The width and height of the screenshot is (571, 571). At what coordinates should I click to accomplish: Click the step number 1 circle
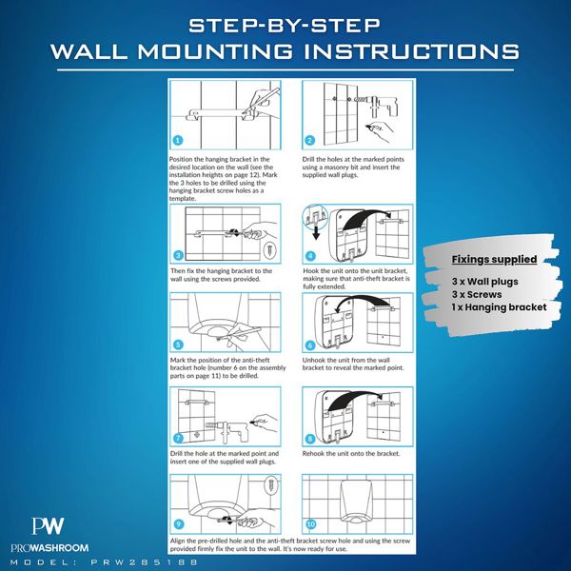[178, 140]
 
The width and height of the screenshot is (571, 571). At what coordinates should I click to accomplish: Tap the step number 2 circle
[310, 140]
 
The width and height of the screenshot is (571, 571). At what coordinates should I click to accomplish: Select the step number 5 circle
[178, 345]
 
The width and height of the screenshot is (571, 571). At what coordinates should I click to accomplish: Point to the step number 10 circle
[310, 524]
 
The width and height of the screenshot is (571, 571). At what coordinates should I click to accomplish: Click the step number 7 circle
[178, 438]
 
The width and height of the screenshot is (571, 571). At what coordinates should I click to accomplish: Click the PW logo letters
[48, 526]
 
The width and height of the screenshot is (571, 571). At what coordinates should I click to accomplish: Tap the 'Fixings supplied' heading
[494, 259]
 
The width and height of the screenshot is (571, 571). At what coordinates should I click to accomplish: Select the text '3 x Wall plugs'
[484, 282]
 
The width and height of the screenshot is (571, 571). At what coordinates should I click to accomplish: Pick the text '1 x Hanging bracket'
[499, 307]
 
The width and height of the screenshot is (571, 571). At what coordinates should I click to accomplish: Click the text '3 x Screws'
[477, 294]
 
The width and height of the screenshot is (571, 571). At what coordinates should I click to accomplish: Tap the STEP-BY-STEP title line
[285, 26]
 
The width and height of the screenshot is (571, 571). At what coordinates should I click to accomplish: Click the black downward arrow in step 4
[316, 233]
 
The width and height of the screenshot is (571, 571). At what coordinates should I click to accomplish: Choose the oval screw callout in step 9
[271, 485]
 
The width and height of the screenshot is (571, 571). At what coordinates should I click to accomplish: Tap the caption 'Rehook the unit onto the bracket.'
[351, 454]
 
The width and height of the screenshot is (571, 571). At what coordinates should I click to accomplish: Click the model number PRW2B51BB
[145, 562]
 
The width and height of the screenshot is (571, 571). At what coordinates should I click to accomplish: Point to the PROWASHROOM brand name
[49, 548]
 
